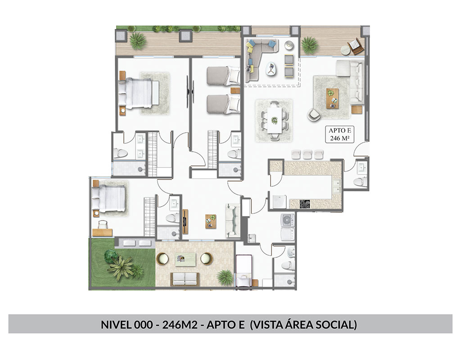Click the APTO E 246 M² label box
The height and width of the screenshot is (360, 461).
pyautogui.click(x=339, y=134)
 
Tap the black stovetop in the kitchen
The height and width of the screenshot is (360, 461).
pyautogui.click(x=305, y=204)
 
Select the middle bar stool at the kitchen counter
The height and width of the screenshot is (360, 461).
pyautogui.click(x=307, y=154)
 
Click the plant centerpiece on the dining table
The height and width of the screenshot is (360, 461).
pyautogui.click(x=274, y=120)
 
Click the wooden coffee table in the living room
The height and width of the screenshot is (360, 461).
pyautogui.click(x=332, y=99)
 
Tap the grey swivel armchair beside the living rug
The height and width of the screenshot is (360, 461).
pyautogui.click(x=314, y=114)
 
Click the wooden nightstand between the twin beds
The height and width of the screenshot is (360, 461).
pyautogui.click(x=235, y=90)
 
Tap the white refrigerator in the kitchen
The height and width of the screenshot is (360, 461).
pyautogui.click(x=279, y=202)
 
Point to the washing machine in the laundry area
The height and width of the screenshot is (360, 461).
pyautogui.click(x=288, y=220)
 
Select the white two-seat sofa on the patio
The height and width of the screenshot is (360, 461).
pyautogui.click(x=185, y=279)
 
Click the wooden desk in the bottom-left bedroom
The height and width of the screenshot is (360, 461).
pyautogui.click(x=102, y=233)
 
